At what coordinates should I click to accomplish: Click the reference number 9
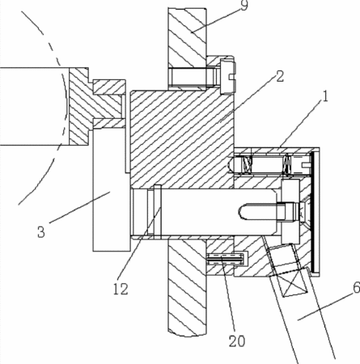[x=244, y=6]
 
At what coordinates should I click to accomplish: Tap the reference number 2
[x=280, y=76]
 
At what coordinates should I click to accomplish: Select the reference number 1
[x=325, y=96]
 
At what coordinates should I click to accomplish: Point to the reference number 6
[x=357, y=288]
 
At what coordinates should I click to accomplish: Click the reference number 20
[x=237, y=341]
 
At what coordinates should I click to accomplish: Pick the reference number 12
[x=121, y=290]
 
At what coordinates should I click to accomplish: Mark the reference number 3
[x=41, y=232]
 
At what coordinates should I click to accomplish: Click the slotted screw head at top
[x=228, y=77]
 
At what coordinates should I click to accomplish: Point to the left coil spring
[x=248, y=164]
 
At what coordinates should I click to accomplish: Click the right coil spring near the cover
[x=286, y=165]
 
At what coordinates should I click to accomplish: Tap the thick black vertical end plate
[x=312, y=212]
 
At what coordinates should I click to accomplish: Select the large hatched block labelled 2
[x=182, y=139]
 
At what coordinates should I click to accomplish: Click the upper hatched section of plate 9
[x=187, y=38]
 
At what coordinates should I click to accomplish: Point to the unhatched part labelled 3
[x=111, y=188]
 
